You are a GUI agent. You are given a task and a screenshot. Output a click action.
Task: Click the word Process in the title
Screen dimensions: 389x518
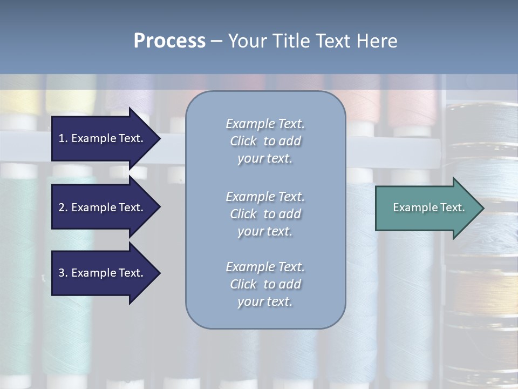coord(169,41)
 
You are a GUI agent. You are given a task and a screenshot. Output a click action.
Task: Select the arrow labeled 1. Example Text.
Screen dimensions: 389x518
coord(103,138)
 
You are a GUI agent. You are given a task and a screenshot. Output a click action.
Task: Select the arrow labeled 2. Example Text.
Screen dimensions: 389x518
coord(103,207)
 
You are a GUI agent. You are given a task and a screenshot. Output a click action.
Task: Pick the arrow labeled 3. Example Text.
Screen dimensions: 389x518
coord(103,273)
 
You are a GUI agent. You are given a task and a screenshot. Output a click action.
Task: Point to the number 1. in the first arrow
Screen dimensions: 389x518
coord(63,138)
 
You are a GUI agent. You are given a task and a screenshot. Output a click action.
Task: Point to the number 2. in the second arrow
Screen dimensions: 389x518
coord(63,207)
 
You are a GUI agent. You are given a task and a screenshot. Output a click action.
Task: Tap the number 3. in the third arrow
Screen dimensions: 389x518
coord(63,273)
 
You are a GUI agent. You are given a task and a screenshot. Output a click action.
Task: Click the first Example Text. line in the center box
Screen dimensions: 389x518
coord(265,124)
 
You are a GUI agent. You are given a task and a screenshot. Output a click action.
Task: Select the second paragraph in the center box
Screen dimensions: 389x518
coord(265,214)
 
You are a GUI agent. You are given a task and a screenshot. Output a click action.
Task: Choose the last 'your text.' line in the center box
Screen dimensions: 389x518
coord(265,302)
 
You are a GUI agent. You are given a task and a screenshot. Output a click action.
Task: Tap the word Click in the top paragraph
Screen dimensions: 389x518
coord(243,141)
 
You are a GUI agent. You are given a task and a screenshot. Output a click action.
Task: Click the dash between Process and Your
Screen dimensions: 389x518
coord(216,41)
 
